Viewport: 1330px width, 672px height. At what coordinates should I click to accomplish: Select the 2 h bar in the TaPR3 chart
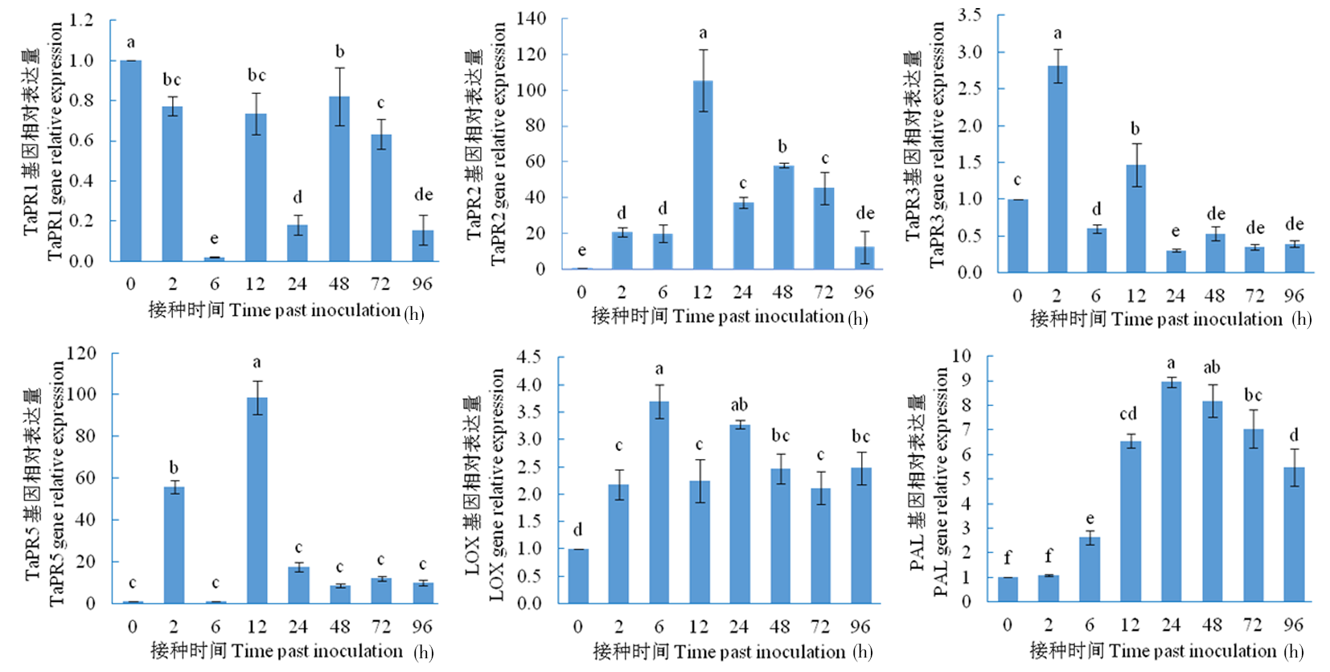click(1057, 169)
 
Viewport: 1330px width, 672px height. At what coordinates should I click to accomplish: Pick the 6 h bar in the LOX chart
click(659, 502)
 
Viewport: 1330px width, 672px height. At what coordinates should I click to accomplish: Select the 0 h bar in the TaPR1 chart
click(130, 161)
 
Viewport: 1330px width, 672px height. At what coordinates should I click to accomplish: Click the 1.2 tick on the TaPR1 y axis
click(81, 19)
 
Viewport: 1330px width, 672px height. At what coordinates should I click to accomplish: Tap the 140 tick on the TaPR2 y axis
click(532, 18)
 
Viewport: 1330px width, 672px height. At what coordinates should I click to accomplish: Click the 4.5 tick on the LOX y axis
click(529, 356)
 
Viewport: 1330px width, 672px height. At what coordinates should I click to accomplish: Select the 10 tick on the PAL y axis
click(961, 355)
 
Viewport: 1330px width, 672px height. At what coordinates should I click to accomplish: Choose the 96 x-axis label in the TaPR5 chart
click(422, 626)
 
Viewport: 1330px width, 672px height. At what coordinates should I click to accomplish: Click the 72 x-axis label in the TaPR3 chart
click(1254, 295)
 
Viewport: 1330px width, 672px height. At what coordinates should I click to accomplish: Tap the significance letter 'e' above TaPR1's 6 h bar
click(214, 239)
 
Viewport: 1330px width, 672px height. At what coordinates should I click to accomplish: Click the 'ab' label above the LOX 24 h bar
click(739, 404)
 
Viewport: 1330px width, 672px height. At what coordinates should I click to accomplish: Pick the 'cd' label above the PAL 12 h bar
click(1128, 414)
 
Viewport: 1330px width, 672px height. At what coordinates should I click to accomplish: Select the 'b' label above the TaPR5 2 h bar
click(174, 468)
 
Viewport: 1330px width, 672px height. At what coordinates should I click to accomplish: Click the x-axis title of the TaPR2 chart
click(729, 317)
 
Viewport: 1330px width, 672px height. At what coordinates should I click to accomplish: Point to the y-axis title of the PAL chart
click(928, 481)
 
